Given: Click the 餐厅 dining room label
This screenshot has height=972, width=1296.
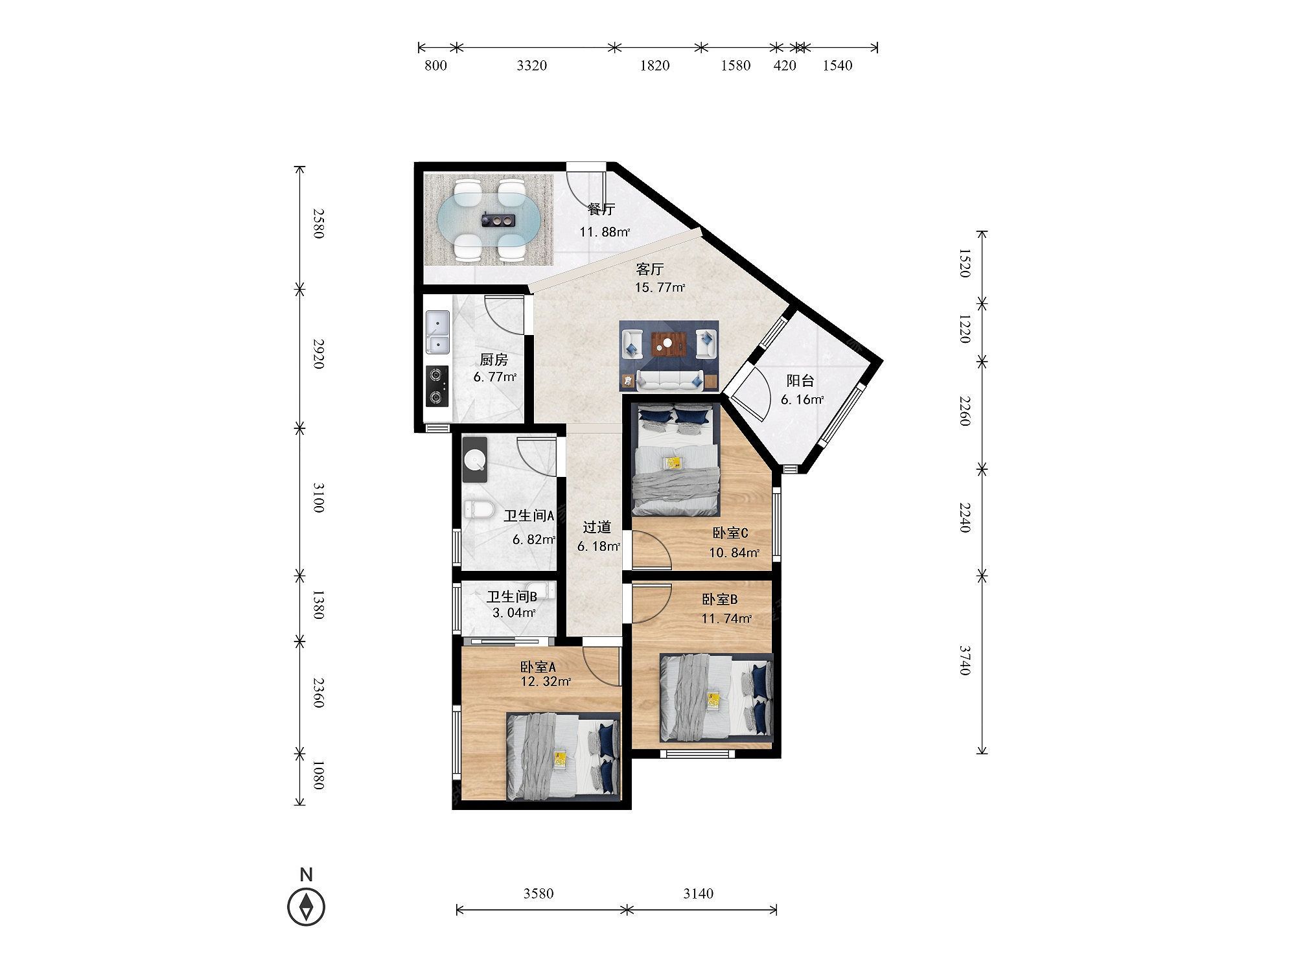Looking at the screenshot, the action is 601,209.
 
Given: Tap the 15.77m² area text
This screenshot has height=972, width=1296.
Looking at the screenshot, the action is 660,288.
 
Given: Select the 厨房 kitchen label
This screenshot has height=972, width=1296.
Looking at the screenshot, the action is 494,360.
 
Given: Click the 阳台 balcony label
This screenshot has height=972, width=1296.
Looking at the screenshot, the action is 800,381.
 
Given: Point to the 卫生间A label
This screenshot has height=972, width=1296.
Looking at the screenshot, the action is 529,516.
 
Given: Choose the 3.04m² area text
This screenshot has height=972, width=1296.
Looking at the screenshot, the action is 514,613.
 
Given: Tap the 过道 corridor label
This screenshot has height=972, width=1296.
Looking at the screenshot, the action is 597,527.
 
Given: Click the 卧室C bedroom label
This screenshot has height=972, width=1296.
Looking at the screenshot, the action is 730,533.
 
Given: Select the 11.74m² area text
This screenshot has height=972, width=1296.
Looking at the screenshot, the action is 726,619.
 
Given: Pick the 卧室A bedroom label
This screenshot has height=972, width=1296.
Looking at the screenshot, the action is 538,667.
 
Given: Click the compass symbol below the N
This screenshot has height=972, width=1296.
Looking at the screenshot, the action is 307,906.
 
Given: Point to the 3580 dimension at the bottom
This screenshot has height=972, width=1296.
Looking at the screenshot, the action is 538,894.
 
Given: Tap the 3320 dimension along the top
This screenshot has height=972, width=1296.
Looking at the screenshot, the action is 531,65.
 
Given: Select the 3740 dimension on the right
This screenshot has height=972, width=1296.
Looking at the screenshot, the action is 965,660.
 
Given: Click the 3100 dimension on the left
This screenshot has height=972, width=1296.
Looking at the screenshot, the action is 318,498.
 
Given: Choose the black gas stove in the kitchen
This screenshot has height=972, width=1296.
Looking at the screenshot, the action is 437,386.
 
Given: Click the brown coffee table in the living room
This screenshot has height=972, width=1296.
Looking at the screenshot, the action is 668,344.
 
